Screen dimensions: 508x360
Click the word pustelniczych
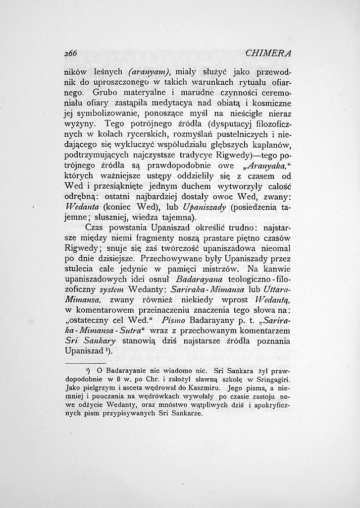(x=219, y=135)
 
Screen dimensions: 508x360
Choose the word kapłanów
(x=270, y=146)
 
